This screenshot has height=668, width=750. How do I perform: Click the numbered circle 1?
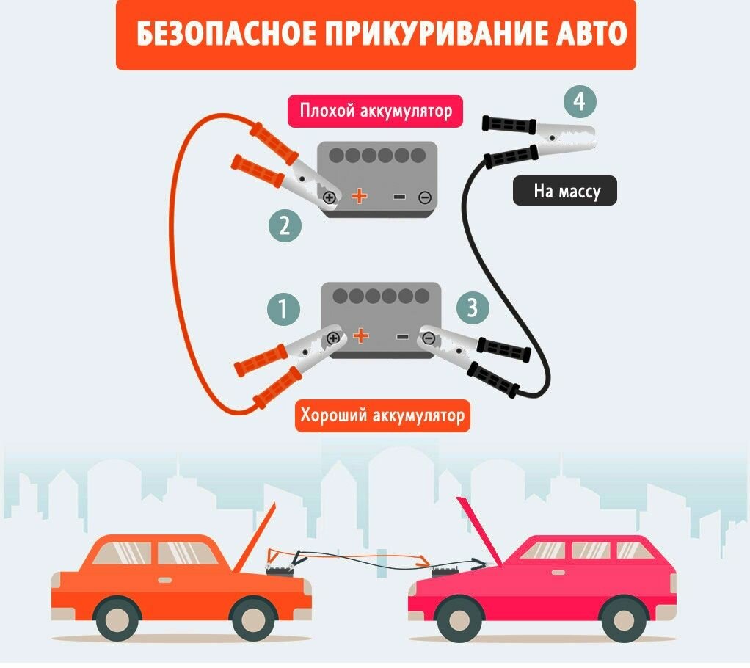[x=284, y=309]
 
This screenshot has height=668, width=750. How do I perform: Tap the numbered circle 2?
[x=285, y=226]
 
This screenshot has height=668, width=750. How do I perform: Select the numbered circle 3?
[x=473, y=308]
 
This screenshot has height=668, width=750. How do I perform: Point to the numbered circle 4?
[x=579, y=103]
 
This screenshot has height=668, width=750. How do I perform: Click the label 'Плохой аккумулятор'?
[x=375, y=112]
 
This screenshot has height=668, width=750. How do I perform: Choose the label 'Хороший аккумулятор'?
[x=382, y=416]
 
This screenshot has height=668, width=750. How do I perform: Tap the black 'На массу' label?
[x=564, y=192]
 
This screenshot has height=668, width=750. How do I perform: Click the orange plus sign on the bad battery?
[x=359, y=196]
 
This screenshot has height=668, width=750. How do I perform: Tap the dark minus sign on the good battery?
[x=402, y=337]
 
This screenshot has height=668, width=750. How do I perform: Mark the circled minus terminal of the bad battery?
[x=424, y=197]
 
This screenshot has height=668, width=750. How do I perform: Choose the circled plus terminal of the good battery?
[x=334, y=338]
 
